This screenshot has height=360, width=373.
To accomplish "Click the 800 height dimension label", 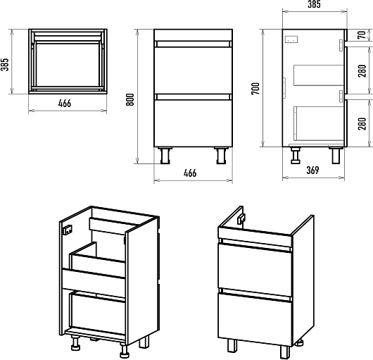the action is tap(130, 99).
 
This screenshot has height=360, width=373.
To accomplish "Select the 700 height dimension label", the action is tap(255, 89).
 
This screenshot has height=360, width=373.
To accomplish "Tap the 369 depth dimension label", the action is tap(312, 170).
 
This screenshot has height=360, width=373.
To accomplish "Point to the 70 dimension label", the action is tap(362, 35).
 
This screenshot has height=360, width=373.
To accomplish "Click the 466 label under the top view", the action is tap(65, 104).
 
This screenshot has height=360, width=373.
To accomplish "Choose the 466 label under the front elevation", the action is tap(190, 173).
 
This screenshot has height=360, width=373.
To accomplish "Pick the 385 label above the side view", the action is tap(314, 4).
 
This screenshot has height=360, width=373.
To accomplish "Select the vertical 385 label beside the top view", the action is tap(5, 65).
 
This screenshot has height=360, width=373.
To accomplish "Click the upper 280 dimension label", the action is tap(362, 70).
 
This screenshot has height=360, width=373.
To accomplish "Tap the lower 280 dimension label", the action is tap(362, 123).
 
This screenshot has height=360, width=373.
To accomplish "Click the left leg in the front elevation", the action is tap(165, 156).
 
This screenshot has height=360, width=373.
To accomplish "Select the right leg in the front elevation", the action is tap(221, 156).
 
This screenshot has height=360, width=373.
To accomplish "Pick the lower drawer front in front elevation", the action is tap(193, 123).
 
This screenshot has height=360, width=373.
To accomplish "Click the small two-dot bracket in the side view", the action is tap(291, 39).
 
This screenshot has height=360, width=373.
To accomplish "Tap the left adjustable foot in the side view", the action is tap(296, 155).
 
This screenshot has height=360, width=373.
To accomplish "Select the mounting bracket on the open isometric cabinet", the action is tap(68, 230).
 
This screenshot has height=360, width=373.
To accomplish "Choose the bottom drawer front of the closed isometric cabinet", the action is tap(255, 319).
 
